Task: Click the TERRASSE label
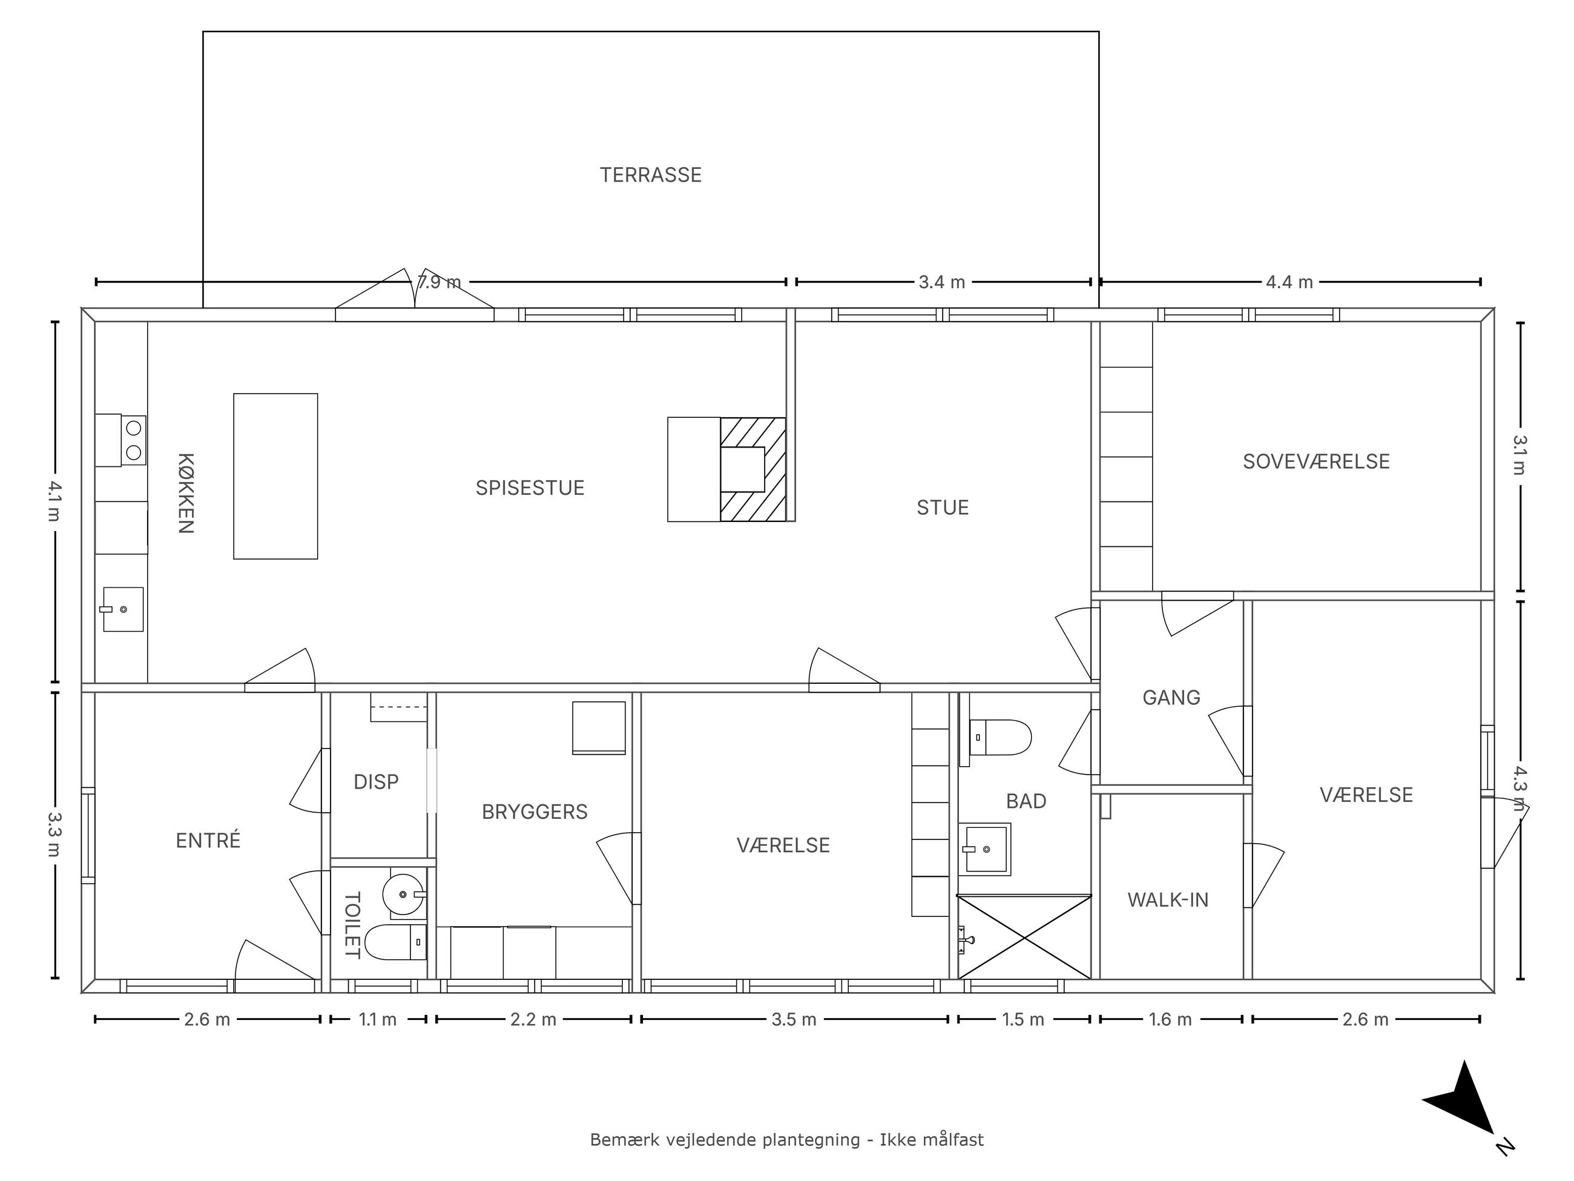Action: (650, 175)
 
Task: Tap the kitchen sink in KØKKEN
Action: (122, 609)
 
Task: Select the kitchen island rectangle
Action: (275, 476)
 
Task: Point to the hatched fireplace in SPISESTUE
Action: (753, 469)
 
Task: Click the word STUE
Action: (942, 508)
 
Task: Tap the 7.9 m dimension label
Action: (439, 282)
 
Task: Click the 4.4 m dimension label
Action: (1289, 282)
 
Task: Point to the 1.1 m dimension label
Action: (377, 1019)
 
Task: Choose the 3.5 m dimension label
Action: (794, 1019)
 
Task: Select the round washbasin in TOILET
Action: (403, 894)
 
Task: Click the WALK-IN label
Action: (1168, 900)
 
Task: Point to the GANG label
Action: (1171, 697)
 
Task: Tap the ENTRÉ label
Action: (208, 840)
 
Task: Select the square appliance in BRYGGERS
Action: (599, 727)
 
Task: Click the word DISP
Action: (376, 782)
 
